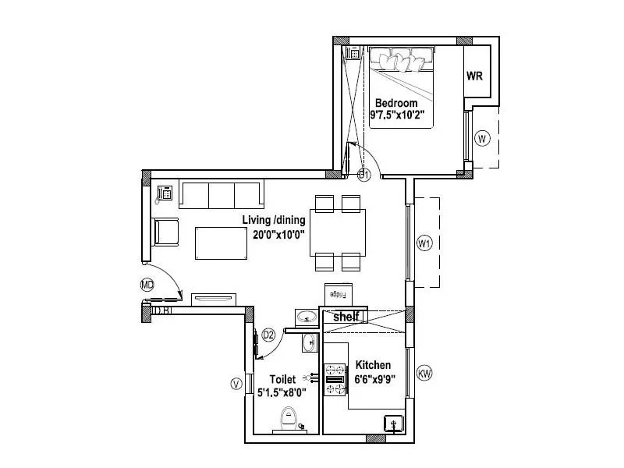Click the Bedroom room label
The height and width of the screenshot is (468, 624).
point(396,103)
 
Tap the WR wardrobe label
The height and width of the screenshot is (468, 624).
point(475,76)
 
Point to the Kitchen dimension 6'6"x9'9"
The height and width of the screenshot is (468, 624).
point(375,381)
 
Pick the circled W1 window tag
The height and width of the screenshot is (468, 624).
point(424,244)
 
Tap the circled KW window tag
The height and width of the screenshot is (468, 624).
point(424,374)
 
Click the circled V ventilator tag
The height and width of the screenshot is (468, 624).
point(235,383)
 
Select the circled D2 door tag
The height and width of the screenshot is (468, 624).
point(268,335)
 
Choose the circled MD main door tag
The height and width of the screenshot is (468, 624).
point(146,285)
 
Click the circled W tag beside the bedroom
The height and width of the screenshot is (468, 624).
point(483,139)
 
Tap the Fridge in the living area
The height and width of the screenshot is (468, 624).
point(339,294)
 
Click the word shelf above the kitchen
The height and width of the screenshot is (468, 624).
point(346,317)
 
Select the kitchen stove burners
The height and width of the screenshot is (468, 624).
point(335,379)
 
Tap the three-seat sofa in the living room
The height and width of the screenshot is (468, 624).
point(222,194)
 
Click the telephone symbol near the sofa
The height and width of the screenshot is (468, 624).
point(165,192)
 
